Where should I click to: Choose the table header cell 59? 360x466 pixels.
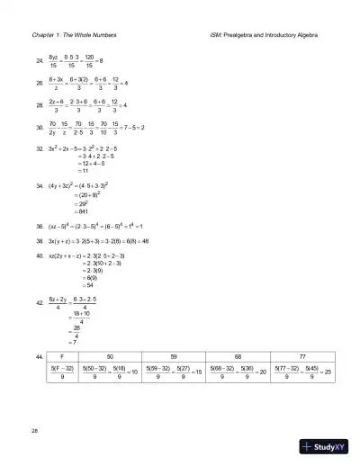[172, 357]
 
